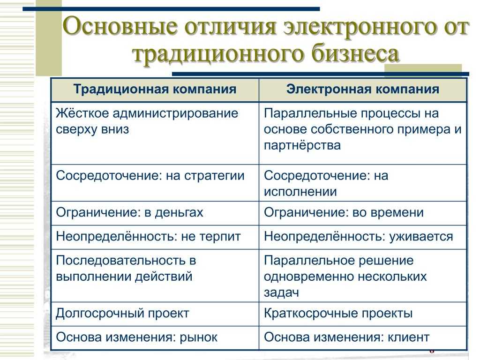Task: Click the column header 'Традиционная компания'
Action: (x=155, y=90)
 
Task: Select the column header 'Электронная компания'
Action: (x=363, y=90)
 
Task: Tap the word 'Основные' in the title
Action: (x=120, y=27)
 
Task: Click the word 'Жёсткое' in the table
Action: (x=82, y=113)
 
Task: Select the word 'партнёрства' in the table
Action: (x=302, y=145)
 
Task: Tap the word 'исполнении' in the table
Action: (x=300, y=192)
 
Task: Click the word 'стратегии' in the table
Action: (x=214, y=176)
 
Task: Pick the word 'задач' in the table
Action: (x=281, y=293)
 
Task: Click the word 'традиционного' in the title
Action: (x=219, y=54)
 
